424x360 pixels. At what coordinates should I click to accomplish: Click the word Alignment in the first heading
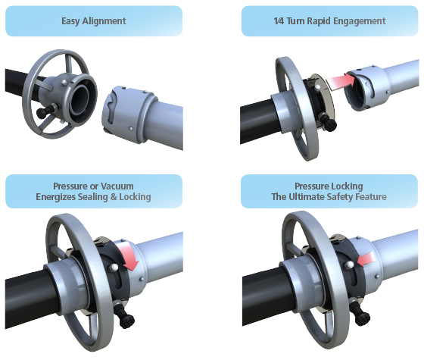(104, 21)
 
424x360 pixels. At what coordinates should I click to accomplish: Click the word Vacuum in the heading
(117, 186)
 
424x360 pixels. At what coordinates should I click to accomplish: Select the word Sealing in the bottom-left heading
(92, 197)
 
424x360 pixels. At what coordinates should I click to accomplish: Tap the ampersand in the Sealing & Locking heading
(114, 197)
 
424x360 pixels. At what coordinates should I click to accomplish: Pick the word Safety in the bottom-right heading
(338, 197)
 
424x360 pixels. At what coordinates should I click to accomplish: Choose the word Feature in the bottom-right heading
(371, 197)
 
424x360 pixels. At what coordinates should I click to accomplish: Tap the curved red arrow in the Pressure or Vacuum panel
(129, 256)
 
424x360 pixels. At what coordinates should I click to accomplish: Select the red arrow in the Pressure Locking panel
(366, 258)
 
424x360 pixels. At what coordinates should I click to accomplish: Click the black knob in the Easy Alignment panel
(43, 112)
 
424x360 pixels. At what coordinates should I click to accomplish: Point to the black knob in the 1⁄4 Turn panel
(329, 123)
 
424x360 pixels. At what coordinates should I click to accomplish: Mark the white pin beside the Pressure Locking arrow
(350, 265)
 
